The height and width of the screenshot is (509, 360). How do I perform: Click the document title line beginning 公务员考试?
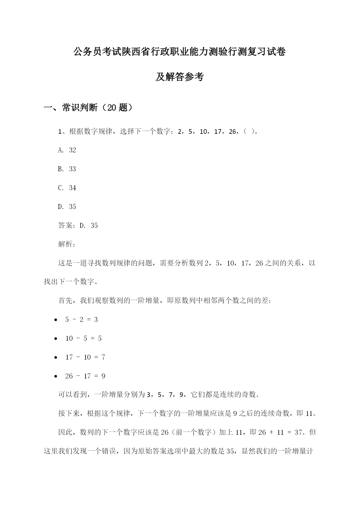[x=180, y=52]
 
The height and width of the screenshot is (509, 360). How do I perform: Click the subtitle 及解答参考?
[x=180, y=77]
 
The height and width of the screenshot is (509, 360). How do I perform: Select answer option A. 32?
[x=67, y=150]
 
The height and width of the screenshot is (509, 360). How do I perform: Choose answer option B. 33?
[x=67, y=169]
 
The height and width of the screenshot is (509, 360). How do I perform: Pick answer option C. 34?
[x=67, y=188]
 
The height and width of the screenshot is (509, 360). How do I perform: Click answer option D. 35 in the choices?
[x=67, y=207]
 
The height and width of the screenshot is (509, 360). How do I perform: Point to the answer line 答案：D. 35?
[x=78, y=225]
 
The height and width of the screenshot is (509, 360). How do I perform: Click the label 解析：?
[x=67, y=244]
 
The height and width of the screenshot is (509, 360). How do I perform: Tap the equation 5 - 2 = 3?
[x=82, y=320]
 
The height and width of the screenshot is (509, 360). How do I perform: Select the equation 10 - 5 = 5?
[x=84, y=339]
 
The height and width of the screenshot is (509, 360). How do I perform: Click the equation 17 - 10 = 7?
[x=85, y=357]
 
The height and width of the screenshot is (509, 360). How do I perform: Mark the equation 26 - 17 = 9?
[x=85, y=376]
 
